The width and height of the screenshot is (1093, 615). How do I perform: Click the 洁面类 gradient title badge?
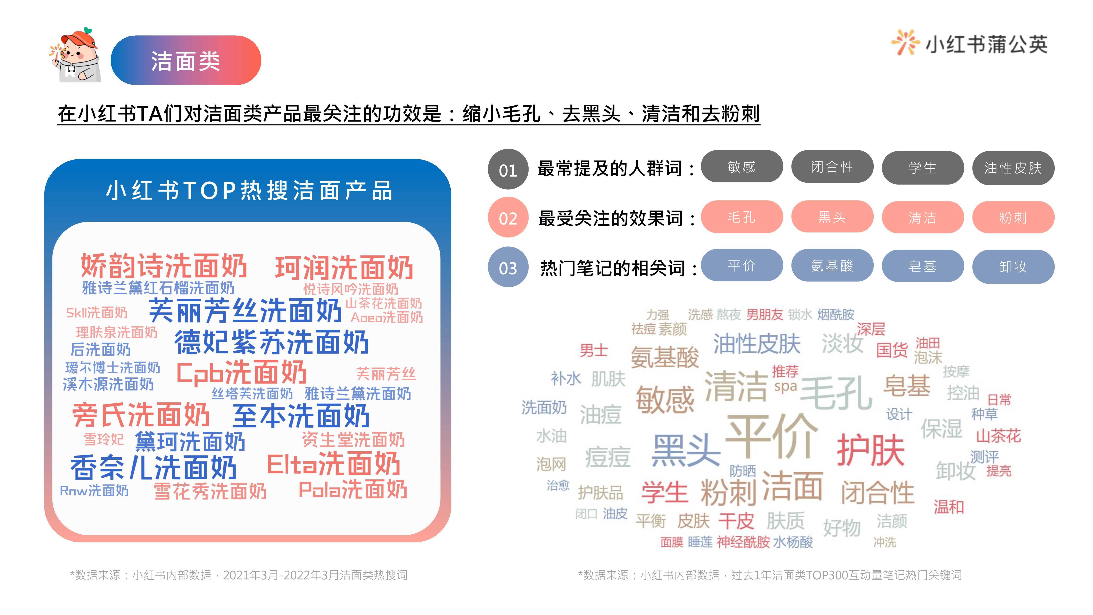point(186,60)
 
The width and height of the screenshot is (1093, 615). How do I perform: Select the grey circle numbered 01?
point(508,169)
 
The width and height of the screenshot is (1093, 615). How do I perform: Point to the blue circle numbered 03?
point(508,267)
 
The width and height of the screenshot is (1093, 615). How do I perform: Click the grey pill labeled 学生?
point(922,168)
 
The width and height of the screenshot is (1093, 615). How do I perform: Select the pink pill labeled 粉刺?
point(1013,217)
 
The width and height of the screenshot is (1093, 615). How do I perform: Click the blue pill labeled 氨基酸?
point(832,266)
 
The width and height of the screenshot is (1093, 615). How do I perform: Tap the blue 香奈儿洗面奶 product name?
point(154,467)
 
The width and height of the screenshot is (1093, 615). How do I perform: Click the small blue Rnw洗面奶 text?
point(94,491)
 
